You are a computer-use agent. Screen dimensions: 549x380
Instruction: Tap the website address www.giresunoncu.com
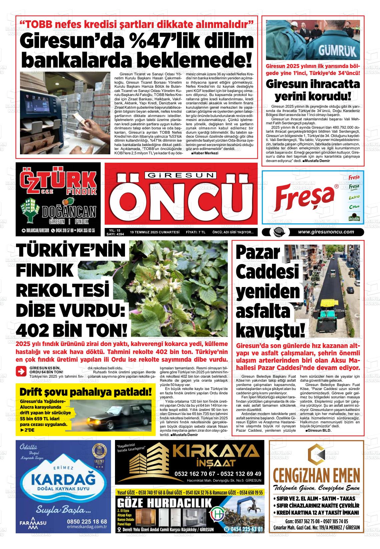(x=326, y=232)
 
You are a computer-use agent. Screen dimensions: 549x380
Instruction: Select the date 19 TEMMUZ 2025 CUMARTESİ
(x=155, y=232)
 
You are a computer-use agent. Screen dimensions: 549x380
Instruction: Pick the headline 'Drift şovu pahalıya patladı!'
(x=86, y=391)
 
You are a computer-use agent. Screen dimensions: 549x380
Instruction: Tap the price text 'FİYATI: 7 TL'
(x=195, y=232)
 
